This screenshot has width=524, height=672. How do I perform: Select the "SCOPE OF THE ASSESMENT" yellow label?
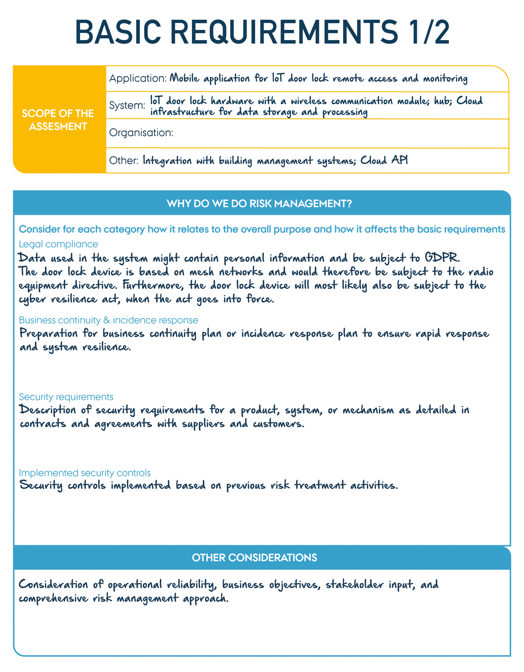[x=58, y=120]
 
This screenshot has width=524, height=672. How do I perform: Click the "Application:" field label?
[x=138, y=78]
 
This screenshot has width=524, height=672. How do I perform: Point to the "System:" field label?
[x=127, y=105]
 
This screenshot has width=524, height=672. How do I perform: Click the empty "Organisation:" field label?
[x=141, y=133]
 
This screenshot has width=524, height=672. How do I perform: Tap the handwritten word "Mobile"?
[x=184, y=78]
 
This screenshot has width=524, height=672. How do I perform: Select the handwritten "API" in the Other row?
[x=400, y=160]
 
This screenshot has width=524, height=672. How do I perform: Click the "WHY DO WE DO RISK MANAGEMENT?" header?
[x=259, y=203]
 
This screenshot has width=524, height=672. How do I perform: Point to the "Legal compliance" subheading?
[x=58, y=244]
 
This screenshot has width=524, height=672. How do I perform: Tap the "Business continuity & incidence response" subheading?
[x=108, y=320]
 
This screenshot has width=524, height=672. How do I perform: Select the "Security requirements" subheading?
[x=66, y=397]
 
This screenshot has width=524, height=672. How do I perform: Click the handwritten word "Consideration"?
[x=53, y=584]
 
